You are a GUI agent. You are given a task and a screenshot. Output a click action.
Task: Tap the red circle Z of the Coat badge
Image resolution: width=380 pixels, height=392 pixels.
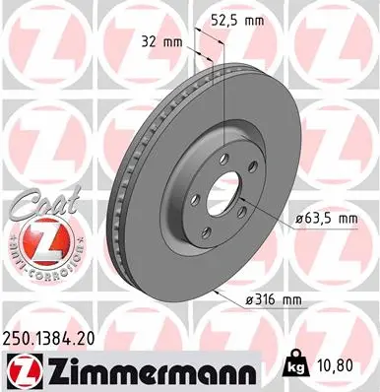tap(43, 236)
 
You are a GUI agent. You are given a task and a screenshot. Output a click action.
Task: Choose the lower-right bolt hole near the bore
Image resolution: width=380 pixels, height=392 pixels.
tap(242, 211)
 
